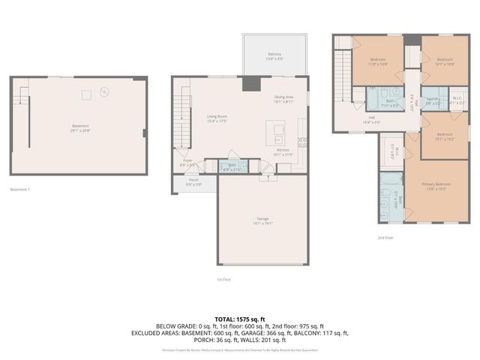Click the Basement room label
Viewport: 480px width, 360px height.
80,127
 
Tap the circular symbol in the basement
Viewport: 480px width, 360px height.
105,92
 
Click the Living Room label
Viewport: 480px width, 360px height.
217,118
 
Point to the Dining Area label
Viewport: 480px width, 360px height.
283,99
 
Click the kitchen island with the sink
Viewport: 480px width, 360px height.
278,133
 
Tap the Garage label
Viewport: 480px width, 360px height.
262,220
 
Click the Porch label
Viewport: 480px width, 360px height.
193,181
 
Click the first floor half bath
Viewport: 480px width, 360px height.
233,166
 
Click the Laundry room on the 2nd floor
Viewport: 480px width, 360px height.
433,100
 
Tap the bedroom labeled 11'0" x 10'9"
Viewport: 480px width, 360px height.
378,61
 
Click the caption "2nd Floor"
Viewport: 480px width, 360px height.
385,237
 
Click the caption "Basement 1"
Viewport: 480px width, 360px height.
20,189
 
